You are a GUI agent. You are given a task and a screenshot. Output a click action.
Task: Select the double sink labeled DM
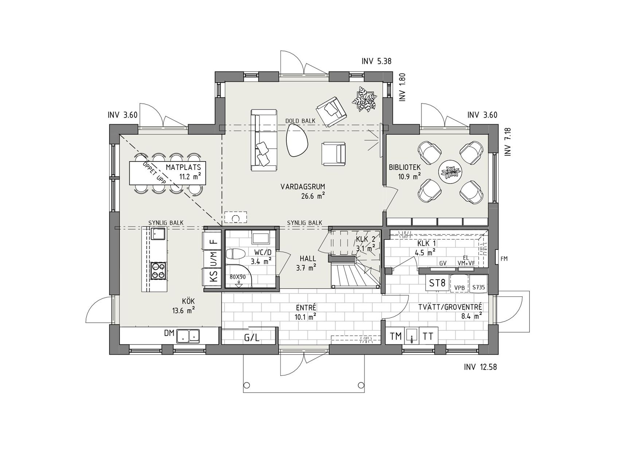pyautogui.click(x=188, y=336)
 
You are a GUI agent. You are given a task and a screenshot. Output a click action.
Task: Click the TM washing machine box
pyautogui.click(x=395, y=336)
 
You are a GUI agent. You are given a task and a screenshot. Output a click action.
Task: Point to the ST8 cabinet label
pyautogui.click(x=437, y=283)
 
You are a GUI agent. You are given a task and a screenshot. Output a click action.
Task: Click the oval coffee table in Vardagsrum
pyautogui.click(x=297, y=140)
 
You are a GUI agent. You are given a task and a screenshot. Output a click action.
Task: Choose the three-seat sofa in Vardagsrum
pyautogui.click(x=263, y=140)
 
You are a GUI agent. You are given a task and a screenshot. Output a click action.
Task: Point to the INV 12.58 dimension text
pyautogui.click(x=480, y=367)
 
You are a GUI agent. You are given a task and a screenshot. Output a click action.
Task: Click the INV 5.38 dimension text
pyautogui.click(x=376, y=61)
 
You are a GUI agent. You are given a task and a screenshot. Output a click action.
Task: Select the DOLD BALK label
pyautogui.click(x=300, y=121)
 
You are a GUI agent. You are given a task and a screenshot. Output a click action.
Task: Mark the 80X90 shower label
pyautogui.click(x=238, y=276)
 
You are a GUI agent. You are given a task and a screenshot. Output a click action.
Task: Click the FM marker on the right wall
pyautogui.click(x=504, y=259)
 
